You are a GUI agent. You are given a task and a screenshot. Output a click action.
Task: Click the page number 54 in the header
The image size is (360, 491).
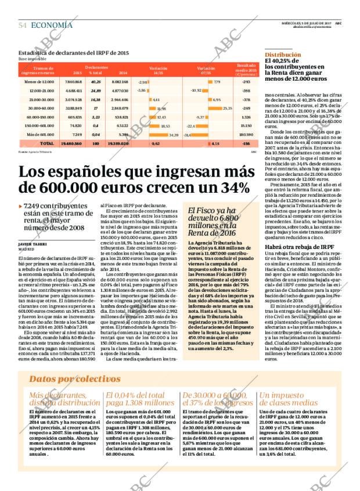click(23, 26)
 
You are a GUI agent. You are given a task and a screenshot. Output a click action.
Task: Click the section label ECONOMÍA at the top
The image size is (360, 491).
click(52, 25)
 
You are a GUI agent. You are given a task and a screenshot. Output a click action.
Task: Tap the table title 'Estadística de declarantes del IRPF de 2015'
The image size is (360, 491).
click(74, 53)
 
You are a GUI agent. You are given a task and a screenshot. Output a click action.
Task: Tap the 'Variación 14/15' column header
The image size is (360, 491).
click(158, 70)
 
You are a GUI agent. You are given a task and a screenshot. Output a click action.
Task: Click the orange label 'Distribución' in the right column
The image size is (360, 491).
click(283, 53)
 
